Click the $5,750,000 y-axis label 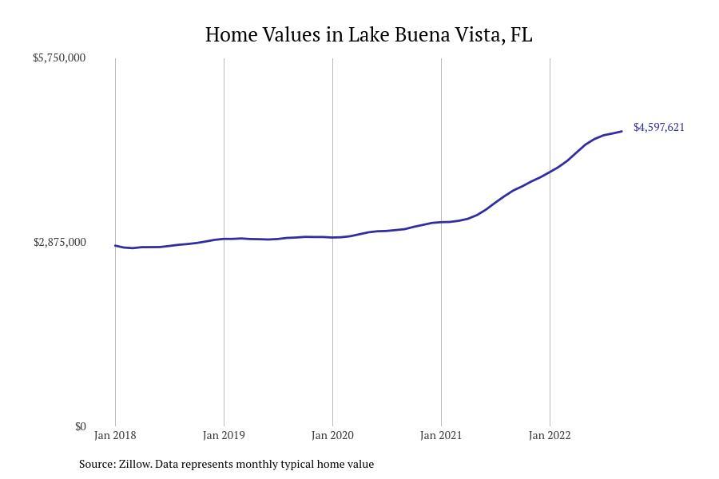coord(59,57)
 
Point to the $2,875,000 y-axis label coord(60,242)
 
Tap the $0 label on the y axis coord(80,426)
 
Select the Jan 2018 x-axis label coord(115,435)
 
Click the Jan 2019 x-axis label coord(224,435)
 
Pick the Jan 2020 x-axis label coord(332,435)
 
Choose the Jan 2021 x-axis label coord(441,435)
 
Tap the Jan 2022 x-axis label coord(550,435)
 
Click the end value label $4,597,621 coord(659,127)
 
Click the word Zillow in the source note coord(134,464)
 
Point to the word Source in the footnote coord(97,464)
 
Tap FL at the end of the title coord(522,35)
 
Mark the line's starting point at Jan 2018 coord(115,246)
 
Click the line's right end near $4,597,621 coord(622,132)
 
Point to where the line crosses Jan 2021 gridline coord(441,222)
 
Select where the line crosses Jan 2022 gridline coord(550,171)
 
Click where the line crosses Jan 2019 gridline coord(224,239)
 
